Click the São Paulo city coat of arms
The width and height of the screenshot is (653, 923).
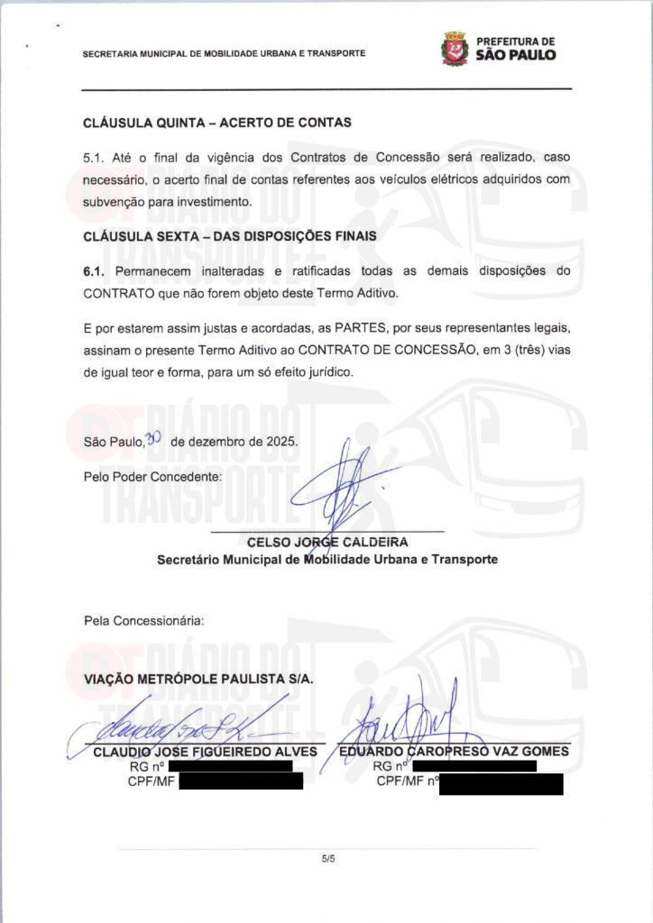tap(455, 48)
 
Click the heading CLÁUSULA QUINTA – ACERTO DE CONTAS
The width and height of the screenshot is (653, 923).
tap(216, 123)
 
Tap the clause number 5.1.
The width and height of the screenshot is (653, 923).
tap(93, 157)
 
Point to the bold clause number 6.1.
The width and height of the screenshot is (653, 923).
tap(95, 271)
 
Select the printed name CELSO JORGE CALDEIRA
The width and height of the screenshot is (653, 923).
tap(326, 543)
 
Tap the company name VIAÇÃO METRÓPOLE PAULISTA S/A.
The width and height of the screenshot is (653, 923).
tap(198, 679)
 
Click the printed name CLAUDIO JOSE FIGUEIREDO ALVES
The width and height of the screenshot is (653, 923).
tap(206, 752)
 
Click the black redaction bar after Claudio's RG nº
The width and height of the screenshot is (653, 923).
tap(230, 766)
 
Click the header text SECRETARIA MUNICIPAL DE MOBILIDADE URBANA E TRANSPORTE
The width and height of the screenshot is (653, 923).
tap(224, 53)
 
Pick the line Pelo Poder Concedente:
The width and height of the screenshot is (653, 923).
tap(152, 476)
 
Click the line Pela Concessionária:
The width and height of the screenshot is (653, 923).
tap(143, 620)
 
